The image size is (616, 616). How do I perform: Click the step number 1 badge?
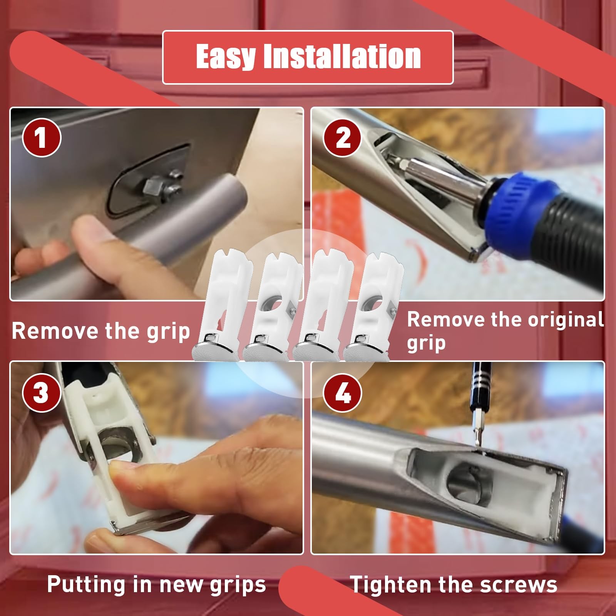(x=42, y=137)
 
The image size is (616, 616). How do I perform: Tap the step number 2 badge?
(x=342, y=137)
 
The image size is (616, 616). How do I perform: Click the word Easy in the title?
(x=226, y=57)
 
